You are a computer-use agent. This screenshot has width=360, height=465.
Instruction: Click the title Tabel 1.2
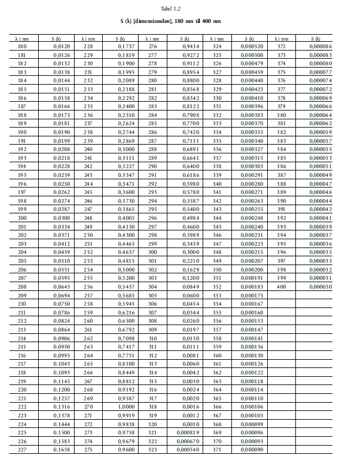click(x=180, y=9)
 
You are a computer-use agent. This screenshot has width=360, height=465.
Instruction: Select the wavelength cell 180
click(x=22, y=46)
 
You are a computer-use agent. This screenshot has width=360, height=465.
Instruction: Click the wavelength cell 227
click(x=22, y=449)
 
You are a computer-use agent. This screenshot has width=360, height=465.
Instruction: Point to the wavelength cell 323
click(x=153, y=449)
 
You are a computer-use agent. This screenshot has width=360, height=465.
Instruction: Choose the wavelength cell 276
click(x=153, y=46)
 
